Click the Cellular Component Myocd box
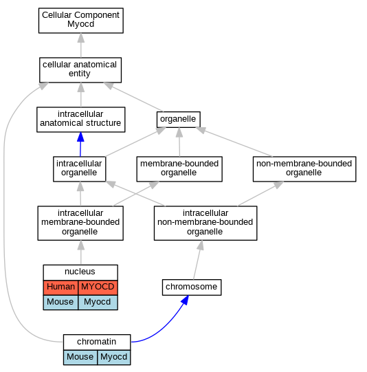(81, 21)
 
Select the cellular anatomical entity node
(80, 70)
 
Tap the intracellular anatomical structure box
(81, 120)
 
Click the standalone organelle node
(179, 120)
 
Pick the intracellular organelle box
(80, 169)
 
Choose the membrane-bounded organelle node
(179, 169)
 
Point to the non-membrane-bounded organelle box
(304, 169)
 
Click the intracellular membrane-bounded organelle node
(80, 223)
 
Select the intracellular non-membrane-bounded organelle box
(205, 223)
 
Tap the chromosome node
(192, 287)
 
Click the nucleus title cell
(80, 272)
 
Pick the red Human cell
(60, 287)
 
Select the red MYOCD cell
(98, 287)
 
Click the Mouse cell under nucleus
(60, 303)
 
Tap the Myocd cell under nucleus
(98, 303)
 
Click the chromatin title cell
(97, 342)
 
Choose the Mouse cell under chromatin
(80, 358)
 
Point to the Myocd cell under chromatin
(114, 358)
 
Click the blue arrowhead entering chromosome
(185, 300)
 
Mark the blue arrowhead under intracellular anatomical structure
(80, 137)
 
